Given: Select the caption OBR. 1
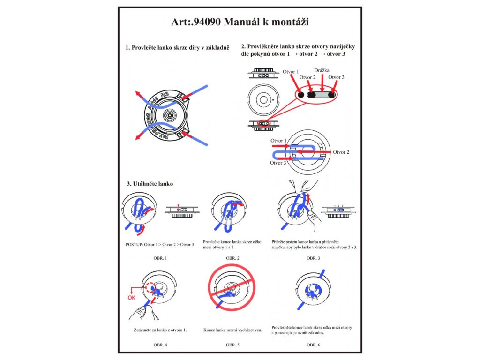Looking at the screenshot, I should pos(160,258).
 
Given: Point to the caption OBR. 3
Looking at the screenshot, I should pos(314,258).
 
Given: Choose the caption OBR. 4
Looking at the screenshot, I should pos(160,345).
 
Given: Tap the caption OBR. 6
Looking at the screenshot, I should pos(314,345).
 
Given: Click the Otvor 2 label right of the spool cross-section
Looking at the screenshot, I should pos(341,152).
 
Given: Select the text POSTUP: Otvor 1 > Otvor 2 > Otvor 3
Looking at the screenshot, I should pos(160,244).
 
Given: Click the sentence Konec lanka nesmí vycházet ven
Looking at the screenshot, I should pos(232,330).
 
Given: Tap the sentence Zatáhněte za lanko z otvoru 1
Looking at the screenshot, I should pos(160,330).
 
